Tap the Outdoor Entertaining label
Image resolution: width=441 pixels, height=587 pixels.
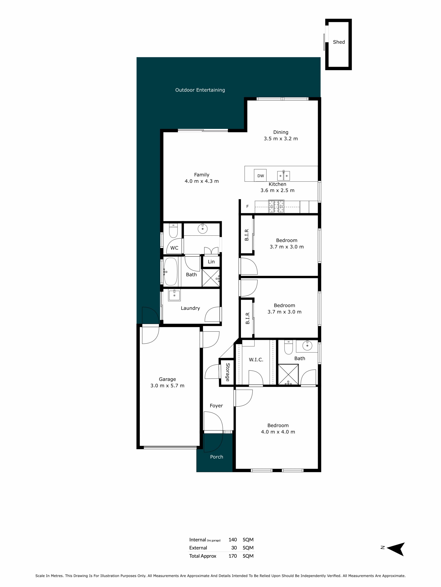coord(200,90)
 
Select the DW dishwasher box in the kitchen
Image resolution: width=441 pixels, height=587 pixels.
coord(260,175)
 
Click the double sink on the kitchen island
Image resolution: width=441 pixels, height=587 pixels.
coord(283,175)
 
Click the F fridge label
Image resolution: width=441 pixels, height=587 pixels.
coord(247,206)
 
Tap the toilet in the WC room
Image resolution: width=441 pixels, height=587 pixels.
coord(173,230)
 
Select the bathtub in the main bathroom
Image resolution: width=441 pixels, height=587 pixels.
coord(170,271)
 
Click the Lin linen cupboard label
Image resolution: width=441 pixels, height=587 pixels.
coord(211,262)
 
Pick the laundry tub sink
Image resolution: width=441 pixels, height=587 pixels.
coord(174,295)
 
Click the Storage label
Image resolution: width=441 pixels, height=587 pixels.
coord(228,372)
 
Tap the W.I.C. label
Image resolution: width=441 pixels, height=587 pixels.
coord(256,360)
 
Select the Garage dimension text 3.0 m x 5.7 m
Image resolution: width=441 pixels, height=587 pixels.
coord(167,386)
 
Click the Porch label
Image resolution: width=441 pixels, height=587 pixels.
coord(216,457)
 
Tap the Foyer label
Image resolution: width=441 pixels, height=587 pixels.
coord(216,405)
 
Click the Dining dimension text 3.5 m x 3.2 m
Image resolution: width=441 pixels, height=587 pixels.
coord(281,138)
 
